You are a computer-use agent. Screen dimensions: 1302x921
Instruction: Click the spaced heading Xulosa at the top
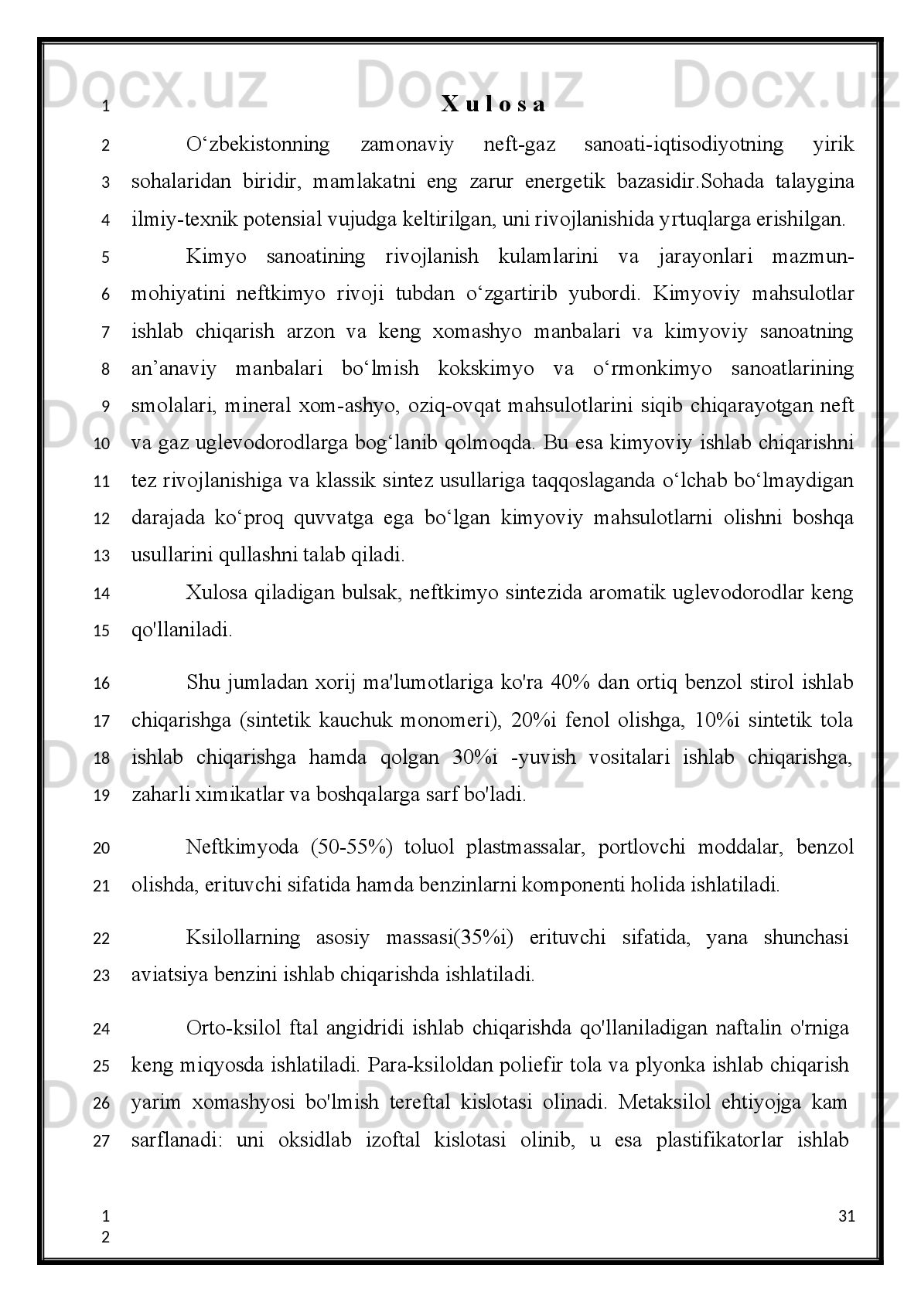[x=493, y=105]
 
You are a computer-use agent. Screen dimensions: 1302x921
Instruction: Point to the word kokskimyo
[x=485, y=369]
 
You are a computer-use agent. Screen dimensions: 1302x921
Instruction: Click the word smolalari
[x=169, y=406]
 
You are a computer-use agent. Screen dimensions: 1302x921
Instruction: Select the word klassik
[x=344, y=481]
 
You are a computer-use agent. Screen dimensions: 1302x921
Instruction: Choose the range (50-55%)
[x=353, y=847]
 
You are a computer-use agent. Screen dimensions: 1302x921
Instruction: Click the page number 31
[x=846, y=1216]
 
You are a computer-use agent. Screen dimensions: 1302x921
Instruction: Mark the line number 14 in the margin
[x=101, y=594]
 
